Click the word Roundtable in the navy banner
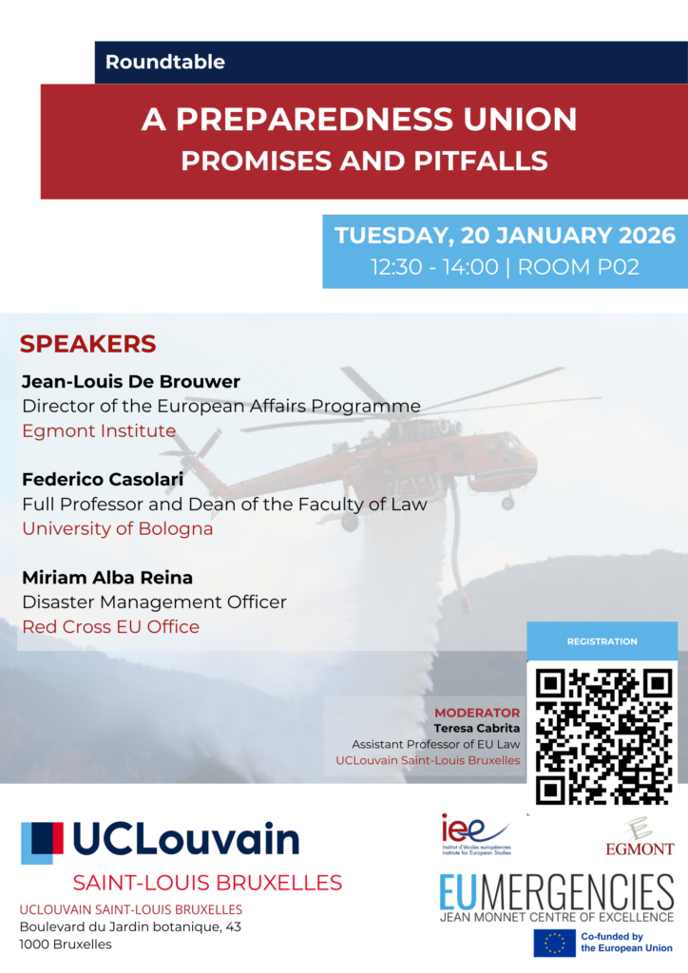[x=165, y=63]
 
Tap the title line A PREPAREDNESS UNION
[x=359, y=120]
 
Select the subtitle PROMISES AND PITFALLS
[x=364, y=161]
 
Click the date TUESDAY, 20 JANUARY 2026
[x=505, y=235]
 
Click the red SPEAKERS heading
[x=87, y=344]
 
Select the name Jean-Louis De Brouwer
[x=130, y=382]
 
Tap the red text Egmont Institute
[x=99, y=430]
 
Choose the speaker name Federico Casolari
[x=103, y=480]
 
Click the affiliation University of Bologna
[x=117, y=528]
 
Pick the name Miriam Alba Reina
[x=107, y=578]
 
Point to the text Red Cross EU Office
[x=110, y=626]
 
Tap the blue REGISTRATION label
[x=602, y=642]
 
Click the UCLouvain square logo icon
[x=42, y=843]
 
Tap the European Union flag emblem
[x=554, y=943]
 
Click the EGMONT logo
[x=640, y=836]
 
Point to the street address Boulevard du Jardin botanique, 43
[x=130, y=926]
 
